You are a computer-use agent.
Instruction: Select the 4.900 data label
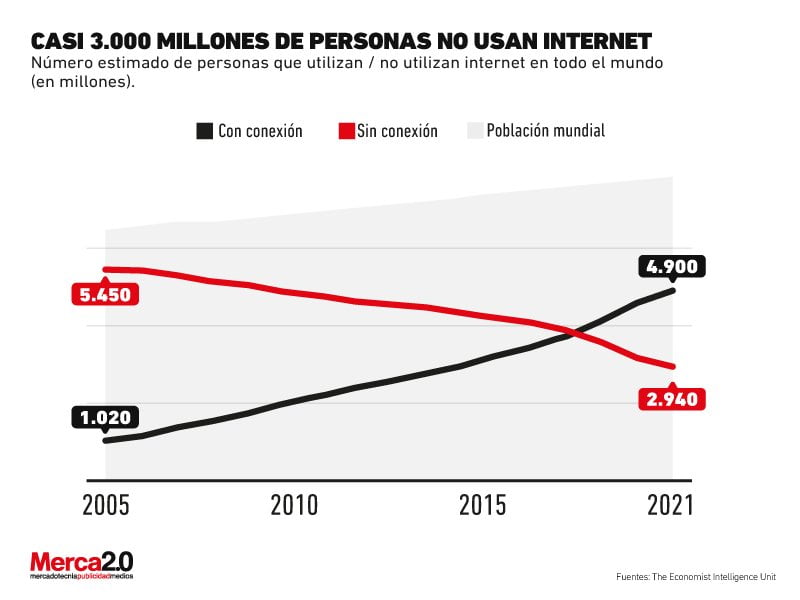point(673,266)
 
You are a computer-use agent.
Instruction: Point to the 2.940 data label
point(672,400)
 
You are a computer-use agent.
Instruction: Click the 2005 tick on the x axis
point(105,505)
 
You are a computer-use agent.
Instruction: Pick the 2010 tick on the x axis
point(294,505)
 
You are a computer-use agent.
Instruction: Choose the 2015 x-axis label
point(483,505)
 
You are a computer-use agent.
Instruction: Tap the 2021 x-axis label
point(670,505)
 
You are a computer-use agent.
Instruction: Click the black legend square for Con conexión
point(205,131)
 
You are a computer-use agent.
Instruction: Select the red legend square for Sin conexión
point(347,131)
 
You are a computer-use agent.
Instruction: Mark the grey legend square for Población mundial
point(474,131)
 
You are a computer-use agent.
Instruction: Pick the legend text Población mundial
point(546,131)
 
